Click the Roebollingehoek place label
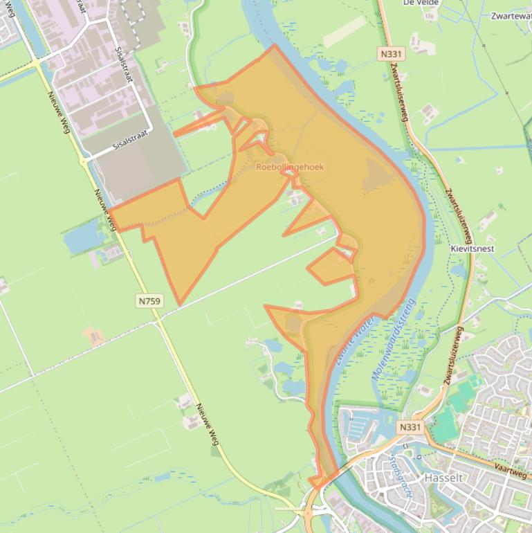point(290,167)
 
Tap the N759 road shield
point(149,300)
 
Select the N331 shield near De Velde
point(391,53)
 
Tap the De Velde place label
point(421,3)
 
